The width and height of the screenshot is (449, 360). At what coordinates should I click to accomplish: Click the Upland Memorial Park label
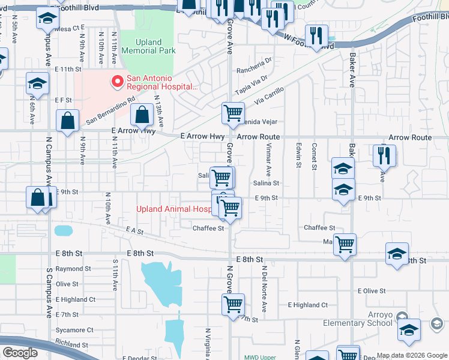[x=148, y=46]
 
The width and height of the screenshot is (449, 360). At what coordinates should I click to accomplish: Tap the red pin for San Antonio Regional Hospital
[x=115, y=80]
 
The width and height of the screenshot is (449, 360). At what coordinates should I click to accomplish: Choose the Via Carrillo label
[x=268, y=96]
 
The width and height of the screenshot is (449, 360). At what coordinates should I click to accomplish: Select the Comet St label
[x=314, y=156]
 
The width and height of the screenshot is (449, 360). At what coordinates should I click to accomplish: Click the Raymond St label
[x=73, y=269]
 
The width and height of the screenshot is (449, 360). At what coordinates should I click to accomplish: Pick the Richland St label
[x=73, y=344]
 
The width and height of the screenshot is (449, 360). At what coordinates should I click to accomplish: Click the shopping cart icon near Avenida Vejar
[x=233, y=112]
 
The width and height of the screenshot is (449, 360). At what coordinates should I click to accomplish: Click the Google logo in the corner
[x=20, y=353]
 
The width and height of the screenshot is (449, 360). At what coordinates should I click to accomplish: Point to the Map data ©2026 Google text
[x=411, y=355]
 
